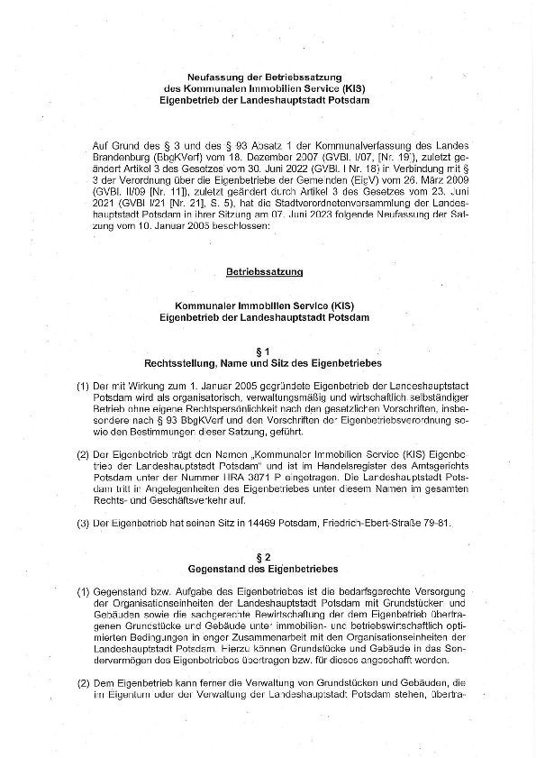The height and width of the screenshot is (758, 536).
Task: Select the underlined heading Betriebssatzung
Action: point(264,270)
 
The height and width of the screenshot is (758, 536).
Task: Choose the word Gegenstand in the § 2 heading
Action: point(219,570)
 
